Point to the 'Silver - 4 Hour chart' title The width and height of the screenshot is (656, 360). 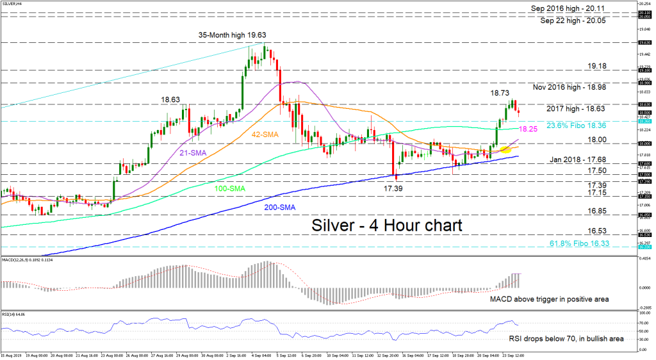387,225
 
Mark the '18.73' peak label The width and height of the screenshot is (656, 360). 501,94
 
